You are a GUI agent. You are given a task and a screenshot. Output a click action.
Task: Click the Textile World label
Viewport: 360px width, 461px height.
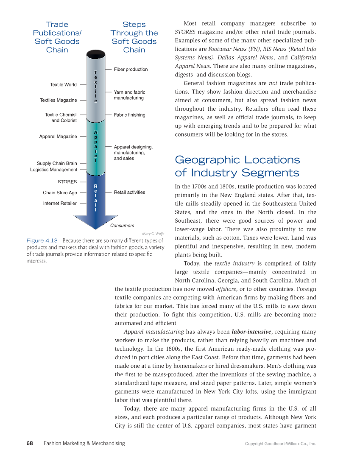tap(63, 85)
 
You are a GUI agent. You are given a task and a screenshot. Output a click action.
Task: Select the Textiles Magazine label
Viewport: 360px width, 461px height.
tap(59, 101)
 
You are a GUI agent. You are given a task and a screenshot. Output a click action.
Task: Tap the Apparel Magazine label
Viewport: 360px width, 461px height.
tap(58, 137)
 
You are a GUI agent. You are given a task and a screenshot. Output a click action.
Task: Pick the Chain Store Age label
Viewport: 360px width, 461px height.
tap(60, 193)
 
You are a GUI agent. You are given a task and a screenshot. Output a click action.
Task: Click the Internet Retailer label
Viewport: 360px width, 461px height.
tap(60, 204)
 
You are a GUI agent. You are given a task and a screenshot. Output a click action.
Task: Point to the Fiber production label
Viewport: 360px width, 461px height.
tap(131, 70)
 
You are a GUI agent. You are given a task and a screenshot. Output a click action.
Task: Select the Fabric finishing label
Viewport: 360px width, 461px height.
tap(129, 115)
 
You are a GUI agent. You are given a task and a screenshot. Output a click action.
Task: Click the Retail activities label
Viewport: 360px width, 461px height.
tap(129, 193)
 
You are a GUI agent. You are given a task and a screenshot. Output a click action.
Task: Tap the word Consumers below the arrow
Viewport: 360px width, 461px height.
tap(122, 226)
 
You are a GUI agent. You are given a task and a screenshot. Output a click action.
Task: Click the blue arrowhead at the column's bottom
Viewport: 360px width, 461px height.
tap(95, 221)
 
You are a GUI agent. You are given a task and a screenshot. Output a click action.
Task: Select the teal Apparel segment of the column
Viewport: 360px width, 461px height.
tap(95, 146)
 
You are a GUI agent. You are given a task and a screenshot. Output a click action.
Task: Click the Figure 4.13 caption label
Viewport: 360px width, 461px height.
tap(42, 240)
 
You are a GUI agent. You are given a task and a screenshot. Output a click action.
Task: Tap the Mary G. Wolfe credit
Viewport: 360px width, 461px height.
tap(153, 233)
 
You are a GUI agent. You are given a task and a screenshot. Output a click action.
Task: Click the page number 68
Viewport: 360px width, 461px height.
tap(30, 443)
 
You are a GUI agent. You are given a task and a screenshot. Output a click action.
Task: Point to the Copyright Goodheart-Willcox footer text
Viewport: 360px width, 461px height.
tap(280, 444)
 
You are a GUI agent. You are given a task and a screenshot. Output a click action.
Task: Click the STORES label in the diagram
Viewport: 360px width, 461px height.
tap(67, 182)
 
